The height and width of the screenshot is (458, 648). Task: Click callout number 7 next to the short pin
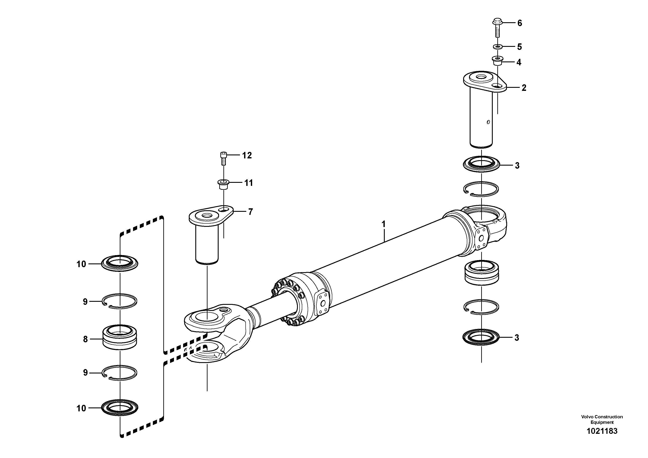250,212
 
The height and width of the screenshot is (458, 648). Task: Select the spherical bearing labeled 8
120,338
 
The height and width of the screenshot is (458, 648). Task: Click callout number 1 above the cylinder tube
383,224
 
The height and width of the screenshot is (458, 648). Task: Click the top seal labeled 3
481,164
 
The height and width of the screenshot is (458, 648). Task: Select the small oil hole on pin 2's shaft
488,122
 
